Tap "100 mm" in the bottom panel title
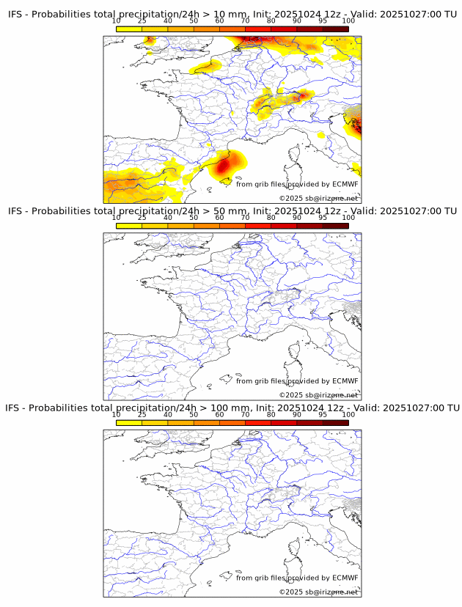pyautogui.click(x=230, y=408)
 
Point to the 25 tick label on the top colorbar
pyautogui.click(x=142, y=21)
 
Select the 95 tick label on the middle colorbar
pyautogui.click(x=323, y=218)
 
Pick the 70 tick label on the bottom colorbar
pyautogui.click(x=245, y=414)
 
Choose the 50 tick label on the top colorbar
pyautogui.click(x=194, y=21)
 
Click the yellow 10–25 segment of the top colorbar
pyautogui.click(x=129, y=29)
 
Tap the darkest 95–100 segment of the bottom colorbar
pyautogui.click(x=335, y=422)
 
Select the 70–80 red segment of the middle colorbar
pyautogui.click(x=257, y=226)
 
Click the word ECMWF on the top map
pyautogui.click(x=345, y=184)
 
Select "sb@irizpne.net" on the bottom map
pyautogui.click(x=332, y=592)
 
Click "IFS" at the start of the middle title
pyautogui.click(x=15, y=211)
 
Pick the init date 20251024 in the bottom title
pyautogui.click(x=299, y=408)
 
